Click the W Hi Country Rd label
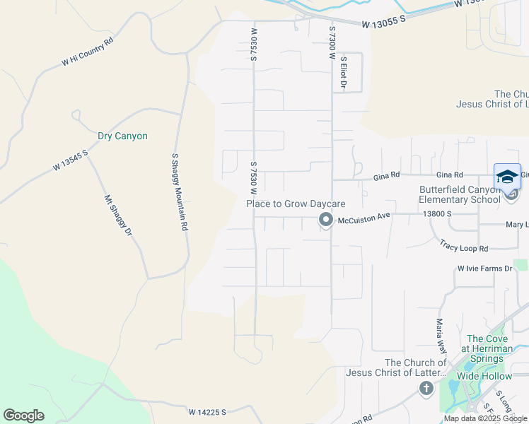[88, 52]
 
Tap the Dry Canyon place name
[122, 136]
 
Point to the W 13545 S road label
[70, 160]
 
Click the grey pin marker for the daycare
[326, 220]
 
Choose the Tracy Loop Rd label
[464, 248]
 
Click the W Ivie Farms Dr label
[484, 269]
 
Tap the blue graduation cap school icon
[508, 176]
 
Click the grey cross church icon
[426, 387]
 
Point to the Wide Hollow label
[484, 376]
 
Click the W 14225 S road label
[207, 411]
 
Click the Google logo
[23, 416]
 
